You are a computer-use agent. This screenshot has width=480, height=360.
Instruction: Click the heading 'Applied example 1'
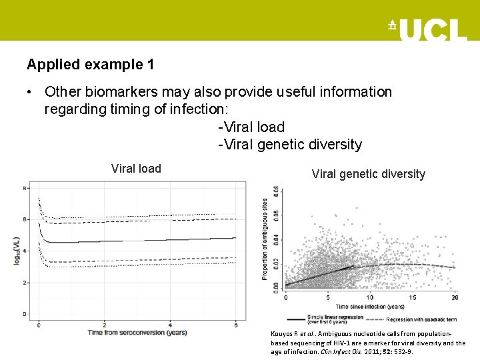[90, 65]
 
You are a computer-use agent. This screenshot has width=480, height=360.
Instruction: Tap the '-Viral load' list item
[251, 127]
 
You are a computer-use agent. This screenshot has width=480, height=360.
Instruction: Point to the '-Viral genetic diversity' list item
[290, 144]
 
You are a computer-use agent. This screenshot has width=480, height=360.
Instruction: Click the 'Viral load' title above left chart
[136, 169]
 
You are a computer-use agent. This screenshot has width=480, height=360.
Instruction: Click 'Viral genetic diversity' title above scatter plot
[368, 174]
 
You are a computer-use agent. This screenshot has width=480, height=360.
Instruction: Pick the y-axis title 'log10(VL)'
[16, 250]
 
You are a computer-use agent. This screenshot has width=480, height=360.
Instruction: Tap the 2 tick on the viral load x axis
[104, 325]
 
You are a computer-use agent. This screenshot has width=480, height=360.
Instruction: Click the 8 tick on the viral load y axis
[25, 188]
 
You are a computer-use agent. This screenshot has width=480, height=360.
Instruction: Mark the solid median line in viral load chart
[133, 240]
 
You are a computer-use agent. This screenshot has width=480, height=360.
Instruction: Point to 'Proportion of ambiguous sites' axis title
[265, 238]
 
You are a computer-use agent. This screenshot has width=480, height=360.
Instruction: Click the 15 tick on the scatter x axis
[413, 297]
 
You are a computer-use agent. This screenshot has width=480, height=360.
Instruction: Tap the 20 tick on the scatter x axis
[455, 297]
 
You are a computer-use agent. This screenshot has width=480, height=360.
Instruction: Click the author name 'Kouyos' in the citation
[283, 333]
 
